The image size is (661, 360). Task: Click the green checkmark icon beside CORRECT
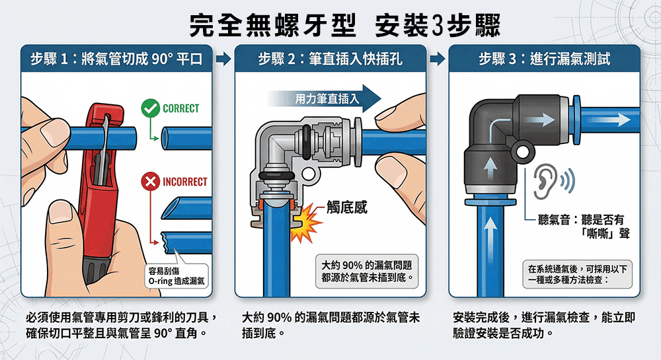click(150, 108)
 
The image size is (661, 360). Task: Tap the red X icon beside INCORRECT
click(150, 182)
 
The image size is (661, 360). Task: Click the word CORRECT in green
click(181, 108)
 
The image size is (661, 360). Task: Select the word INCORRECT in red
click(185, 182)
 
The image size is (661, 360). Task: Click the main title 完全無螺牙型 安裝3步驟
click(344, 25)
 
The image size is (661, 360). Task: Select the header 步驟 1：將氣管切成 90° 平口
click(116, 59)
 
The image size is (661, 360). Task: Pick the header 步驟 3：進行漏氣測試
click(544, 59)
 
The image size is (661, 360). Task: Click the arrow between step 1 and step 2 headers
click(223, 59)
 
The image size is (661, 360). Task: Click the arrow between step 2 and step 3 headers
click(438, 59)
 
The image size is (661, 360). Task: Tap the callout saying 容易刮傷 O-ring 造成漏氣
click(176, 276)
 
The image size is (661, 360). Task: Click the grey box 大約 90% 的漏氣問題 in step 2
click(366, 271)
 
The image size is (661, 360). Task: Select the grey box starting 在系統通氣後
click(578, 274)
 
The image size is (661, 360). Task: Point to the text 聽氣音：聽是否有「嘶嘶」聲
click(584, 226)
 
